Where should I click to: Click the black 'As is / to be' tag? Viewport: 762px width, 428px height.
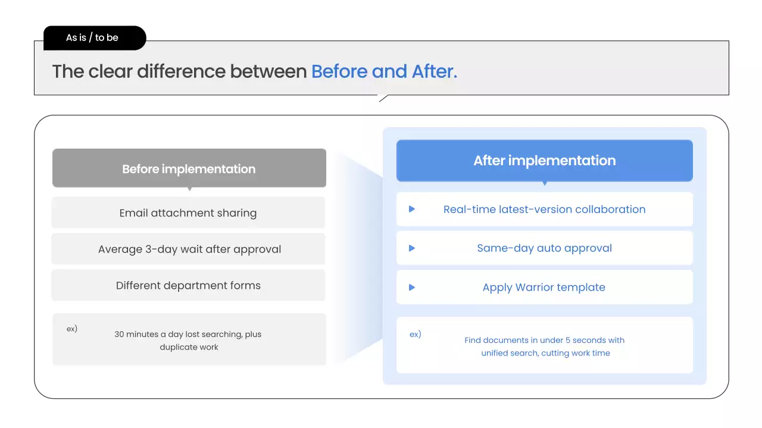(95, 37)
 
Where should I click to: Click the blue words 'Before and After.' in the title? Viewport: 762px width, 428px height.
(384, 71)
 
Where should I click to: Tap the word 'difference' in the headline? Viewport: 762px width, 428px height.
(181, 71)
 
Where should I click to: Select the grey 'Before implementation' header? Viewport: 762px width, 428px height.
(189, 168)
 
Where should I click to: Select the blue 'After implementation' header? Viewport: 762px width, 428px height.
(544, 160)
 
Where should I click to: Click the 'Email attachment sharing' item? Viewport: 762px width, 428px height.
(188, 213)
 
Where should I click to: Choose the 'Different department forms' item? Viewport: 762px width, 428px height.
(188, 286)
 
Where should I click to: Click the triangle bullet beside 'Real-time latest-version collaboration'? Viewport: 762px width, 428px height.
(411, 209)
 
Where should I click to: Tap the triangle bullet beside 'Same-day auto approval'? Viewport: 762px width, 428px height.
(411, 248)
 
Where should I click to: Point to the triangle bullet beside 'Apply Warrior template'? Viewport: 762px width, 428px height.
(411, 287)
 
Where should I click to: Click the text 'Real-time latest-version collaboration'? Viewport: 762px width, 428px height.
(544, 209)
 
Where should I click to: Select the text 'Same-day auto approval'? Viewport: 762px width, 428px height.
(544, 248)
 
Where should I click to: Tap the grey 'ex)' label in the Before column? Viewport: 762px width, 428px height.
(72, 329)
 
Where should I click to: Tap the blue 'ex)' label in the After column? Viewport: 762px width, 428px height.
(416, 335)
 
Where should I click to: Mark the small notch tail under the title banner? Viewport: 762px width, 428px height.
(383, 98)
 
